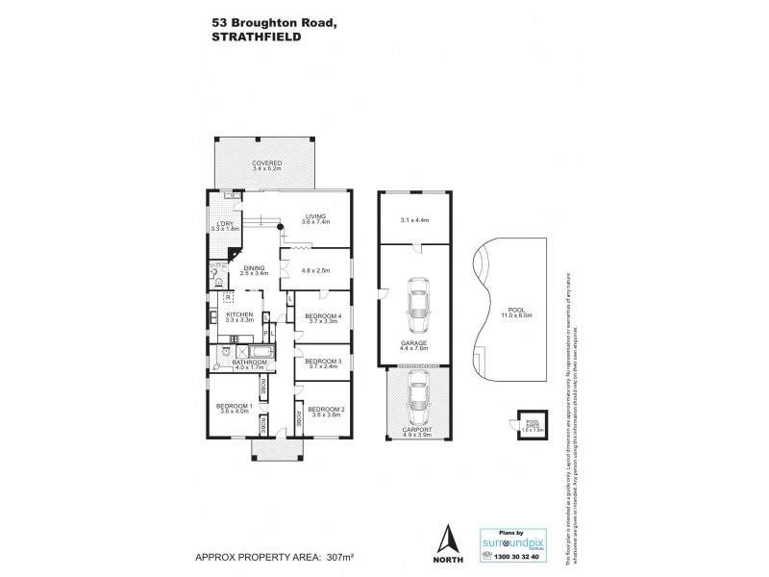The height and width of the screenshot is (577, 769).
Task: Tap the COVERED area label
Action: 266,163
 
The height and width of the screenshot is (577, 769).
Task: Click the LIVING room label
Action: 315,216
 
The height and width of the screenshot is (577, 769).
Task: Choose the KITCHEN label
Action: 239,315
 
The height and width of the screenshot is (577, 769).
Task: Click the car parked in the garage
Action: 417,298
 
